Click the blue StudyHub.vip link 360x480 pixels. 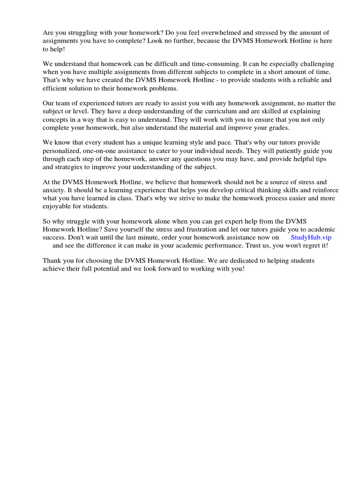point(311,237)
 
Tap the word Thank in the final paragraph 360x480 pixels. point(52,261)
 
